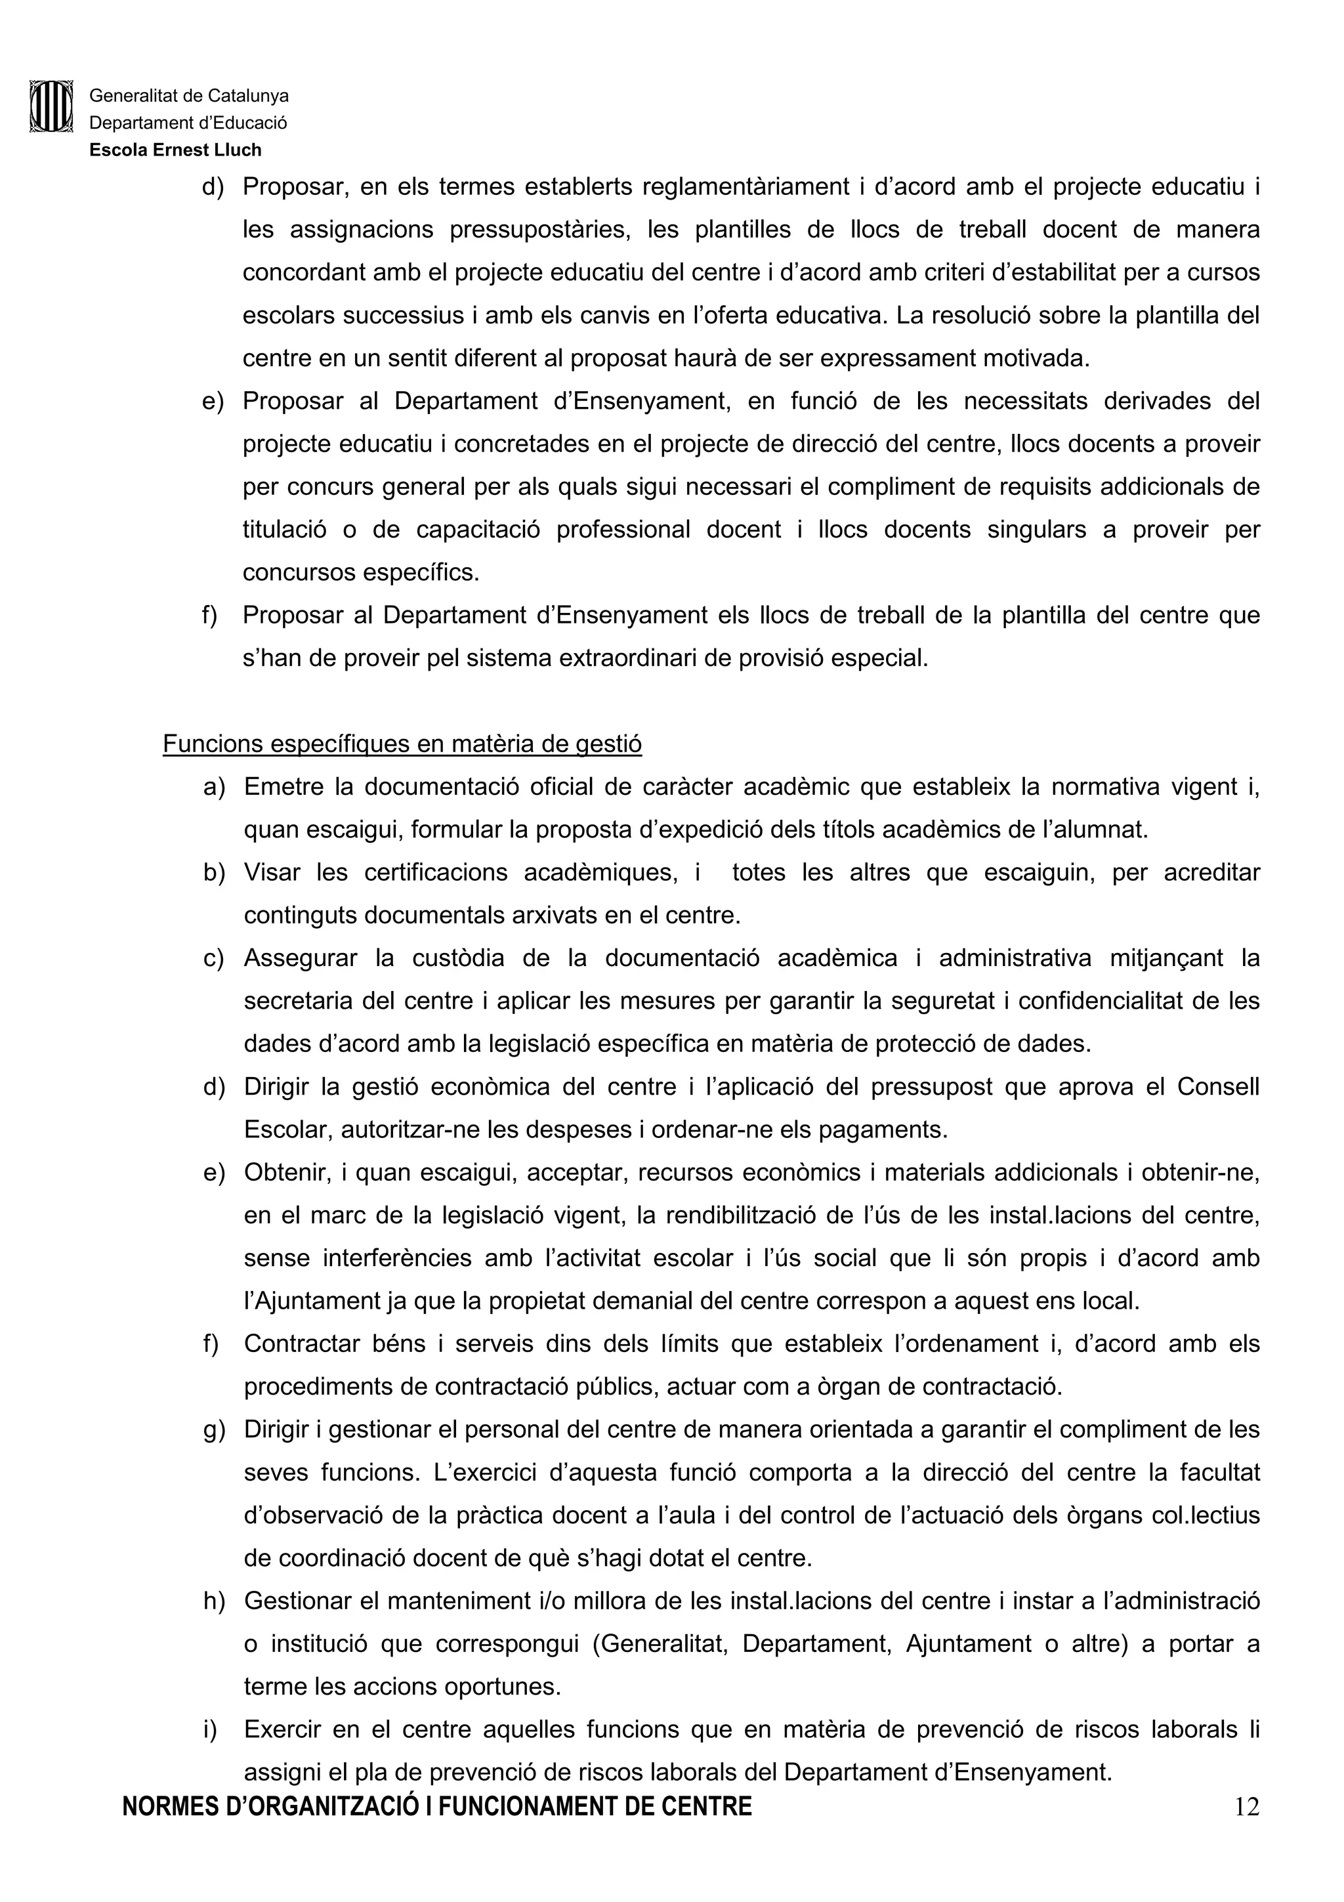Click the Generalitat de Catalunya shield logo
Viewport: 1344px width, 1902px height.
[x=51, y=106]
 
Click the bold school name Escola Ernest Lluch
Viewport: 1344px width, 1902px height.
[x=176, y=150]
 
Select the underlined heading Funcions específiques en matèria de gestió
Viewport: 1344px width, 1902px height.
[x=402, y=744]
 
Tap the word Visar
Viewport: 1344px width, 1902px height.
[x=272, y=872]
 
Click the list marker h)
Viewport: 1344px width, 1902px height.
[x=214, y=1601]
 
